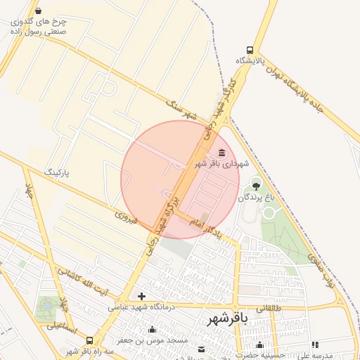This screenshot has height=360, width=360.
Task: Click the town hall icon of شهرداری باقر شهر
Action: tap(222, 153)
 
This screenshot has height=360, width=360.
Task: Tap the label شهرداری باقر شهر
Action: tap(221, 164)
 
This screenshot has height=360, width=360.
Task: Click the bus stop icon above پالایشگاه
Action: tap(250, 50)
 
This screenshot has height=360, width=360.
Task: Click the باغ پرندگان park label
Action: tap(255, 198)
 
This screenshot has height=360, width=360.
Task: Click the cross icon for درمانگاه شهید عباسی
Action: tap(142, 297)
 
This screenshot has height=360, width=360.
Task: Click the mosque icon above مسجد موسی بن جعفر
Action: tap(152, 330)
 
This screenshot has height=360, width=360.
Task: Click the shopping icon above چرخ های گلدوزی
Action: tap(37, 11)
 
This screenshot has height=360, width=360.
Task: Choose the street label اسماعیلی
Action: tap(42, 326)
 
